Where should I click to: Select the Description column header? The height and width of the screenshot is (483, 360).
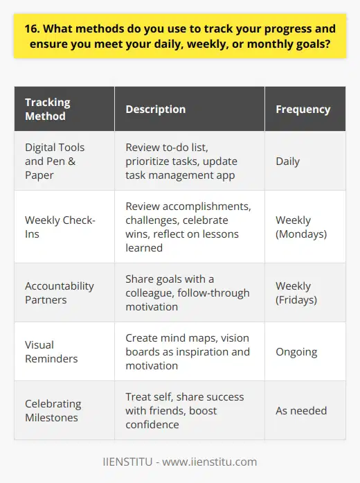tap(155, 109)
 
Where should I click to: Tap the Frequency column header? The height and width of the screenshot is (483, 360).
tap(303, 109)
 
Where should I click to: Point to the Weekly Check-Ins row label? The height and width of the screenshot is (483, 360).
tap(58, 227)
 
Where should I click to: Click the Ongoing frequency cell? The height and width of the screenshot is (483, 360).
tap(296, 352)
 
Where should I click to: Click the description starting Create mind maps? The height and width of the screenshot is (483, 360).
tap(187, 352)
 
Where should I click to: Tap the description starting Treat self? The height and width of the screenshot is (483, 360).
tap(186, 411)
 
